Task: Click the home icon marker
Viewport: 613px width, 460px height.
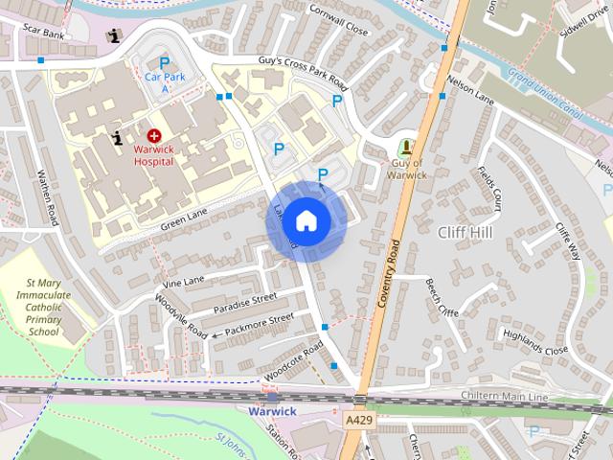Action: pos(306,220)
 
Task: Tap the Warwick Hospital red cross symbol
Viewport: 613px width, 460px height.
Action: pos(154,138)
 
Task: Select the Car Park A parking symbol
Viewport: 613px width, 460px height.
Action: pos(163,61)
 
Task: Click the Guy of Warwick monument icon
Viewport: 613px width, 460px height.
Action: pos(407,148)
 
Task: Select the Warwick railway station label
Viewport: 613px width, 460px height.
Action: pos(273,411)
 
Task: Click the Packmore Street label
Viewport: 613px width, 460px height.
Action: pos(253,326)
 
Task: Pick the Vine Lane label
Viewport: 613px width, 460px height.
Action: pos(184,281)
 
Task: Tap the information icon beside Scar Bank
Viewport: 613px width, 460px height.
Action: pos(116,36)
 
